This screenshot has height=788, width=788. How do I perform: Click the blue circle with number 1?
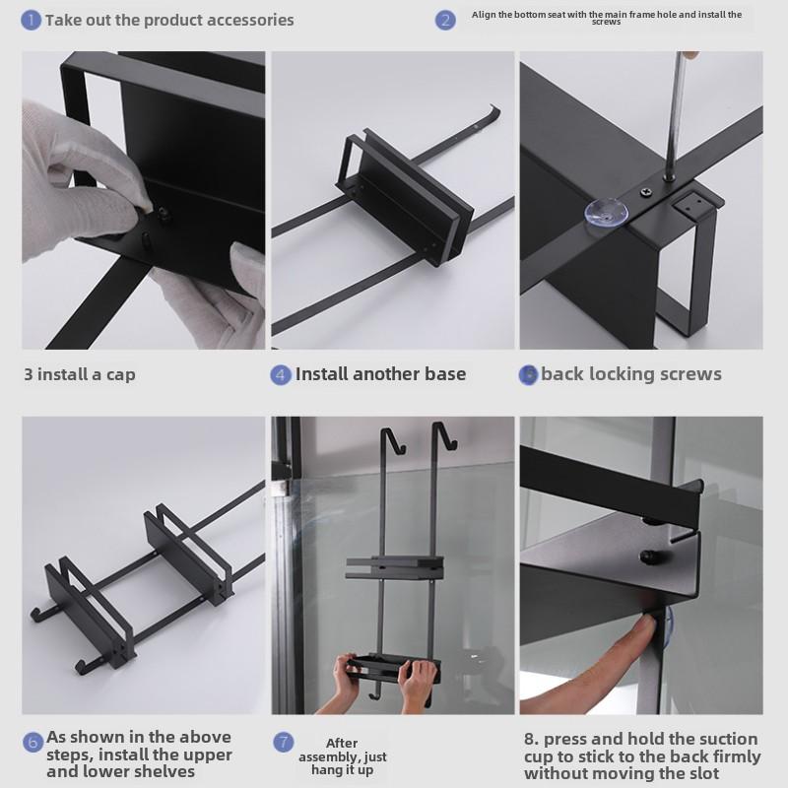pos(31,21)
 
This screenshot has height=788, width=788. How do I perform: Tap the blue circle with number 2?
pos(445,20)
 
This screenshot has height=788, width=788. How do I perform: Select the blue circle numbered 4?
pos(281,375)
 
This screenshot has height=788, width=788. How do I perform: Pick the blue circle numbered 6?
pos(33,743)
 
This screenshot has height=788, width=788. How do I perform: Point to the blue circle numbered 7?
pos(284,743)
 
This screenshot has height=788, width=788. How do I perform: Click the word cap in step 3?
pos(120,375)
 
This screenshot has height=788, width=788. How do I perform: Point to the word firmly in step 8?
pos(736,756)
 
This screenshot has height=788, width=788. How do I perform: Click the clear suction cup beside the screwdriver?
pos(606,211)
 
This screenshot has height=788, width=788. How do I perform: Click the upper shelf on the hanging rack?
pos(395,567)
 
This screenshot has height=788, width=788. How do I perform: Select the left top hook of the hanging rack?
pos(393,440)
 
